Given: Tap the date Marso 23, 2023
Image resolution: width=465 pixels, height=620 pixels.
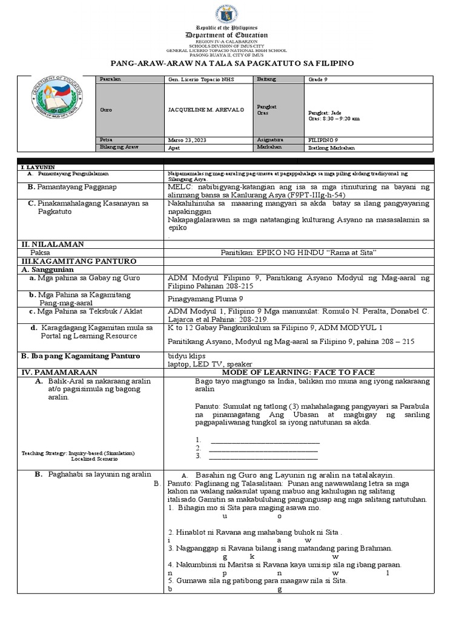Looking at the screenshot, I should [188, 139].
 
